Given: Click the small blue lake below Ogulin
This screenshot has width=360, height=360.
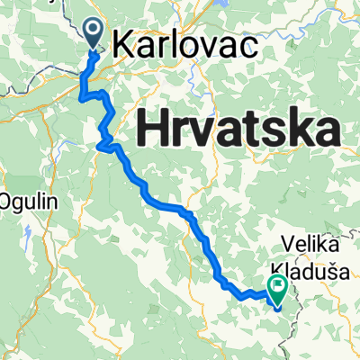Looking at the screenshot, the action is (30, 236).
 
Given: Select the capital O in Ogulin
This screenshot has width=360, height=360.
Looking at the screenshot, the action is (10, 200).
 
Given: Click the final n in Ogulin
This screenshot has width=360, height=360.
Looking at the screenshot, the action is (50, 200).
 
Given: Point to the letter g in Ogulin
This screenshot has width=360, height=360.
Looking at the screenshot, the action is (22, 202).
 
